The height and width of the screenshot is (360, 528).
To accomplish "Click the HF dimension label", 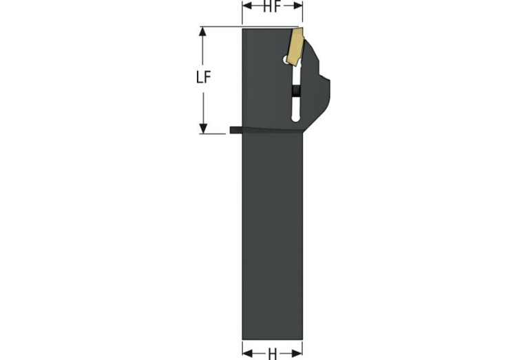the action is pyautogui.click(x=272, y=6).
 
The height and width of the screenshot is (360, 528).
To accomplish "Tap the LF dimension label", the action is pyautogui.click(x=203, y=78).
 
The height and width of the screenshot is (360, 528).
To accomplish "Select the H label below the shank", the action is pyautogui.click(x=273, y=354).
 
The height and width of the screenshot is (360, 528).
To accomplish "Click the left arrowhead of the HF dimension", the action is pyautogui.click(x=247, y=6).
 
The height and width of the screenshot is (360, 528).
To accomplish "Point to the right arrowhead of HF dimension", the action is pyautogui.click(x=297, y=6).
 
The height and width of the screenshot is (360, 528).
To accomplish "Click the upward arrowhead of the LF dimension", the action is pyautogui.click(x=202, y=31).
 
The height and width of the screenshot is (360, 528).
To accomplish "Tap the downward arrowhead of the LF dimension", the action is pyautogui.click(x=203, y=129).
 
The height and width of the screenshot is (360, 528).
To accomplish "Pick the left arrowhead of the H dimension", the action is pyautogui.click(x=248, y=353).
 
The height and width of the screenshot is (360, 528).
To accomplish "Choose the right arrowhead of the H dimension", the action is pyautogui.click(x=297, y=353).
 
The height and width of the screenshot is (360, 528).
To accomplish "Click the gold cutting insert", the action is pyautogui.click(x=295, y=47).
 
